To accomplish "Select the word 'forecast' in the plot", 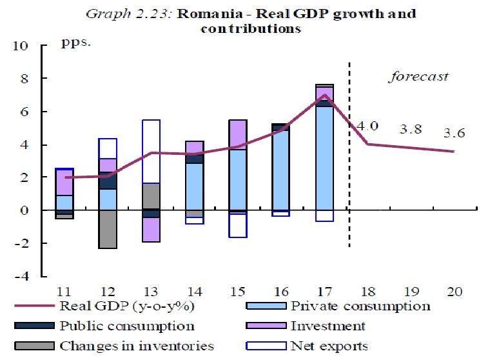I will [x=418, y=77].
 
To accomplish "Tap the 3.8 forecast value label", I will [x=410, y=129].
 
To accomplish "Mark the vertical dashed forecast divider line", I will [x=349, y=155].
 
